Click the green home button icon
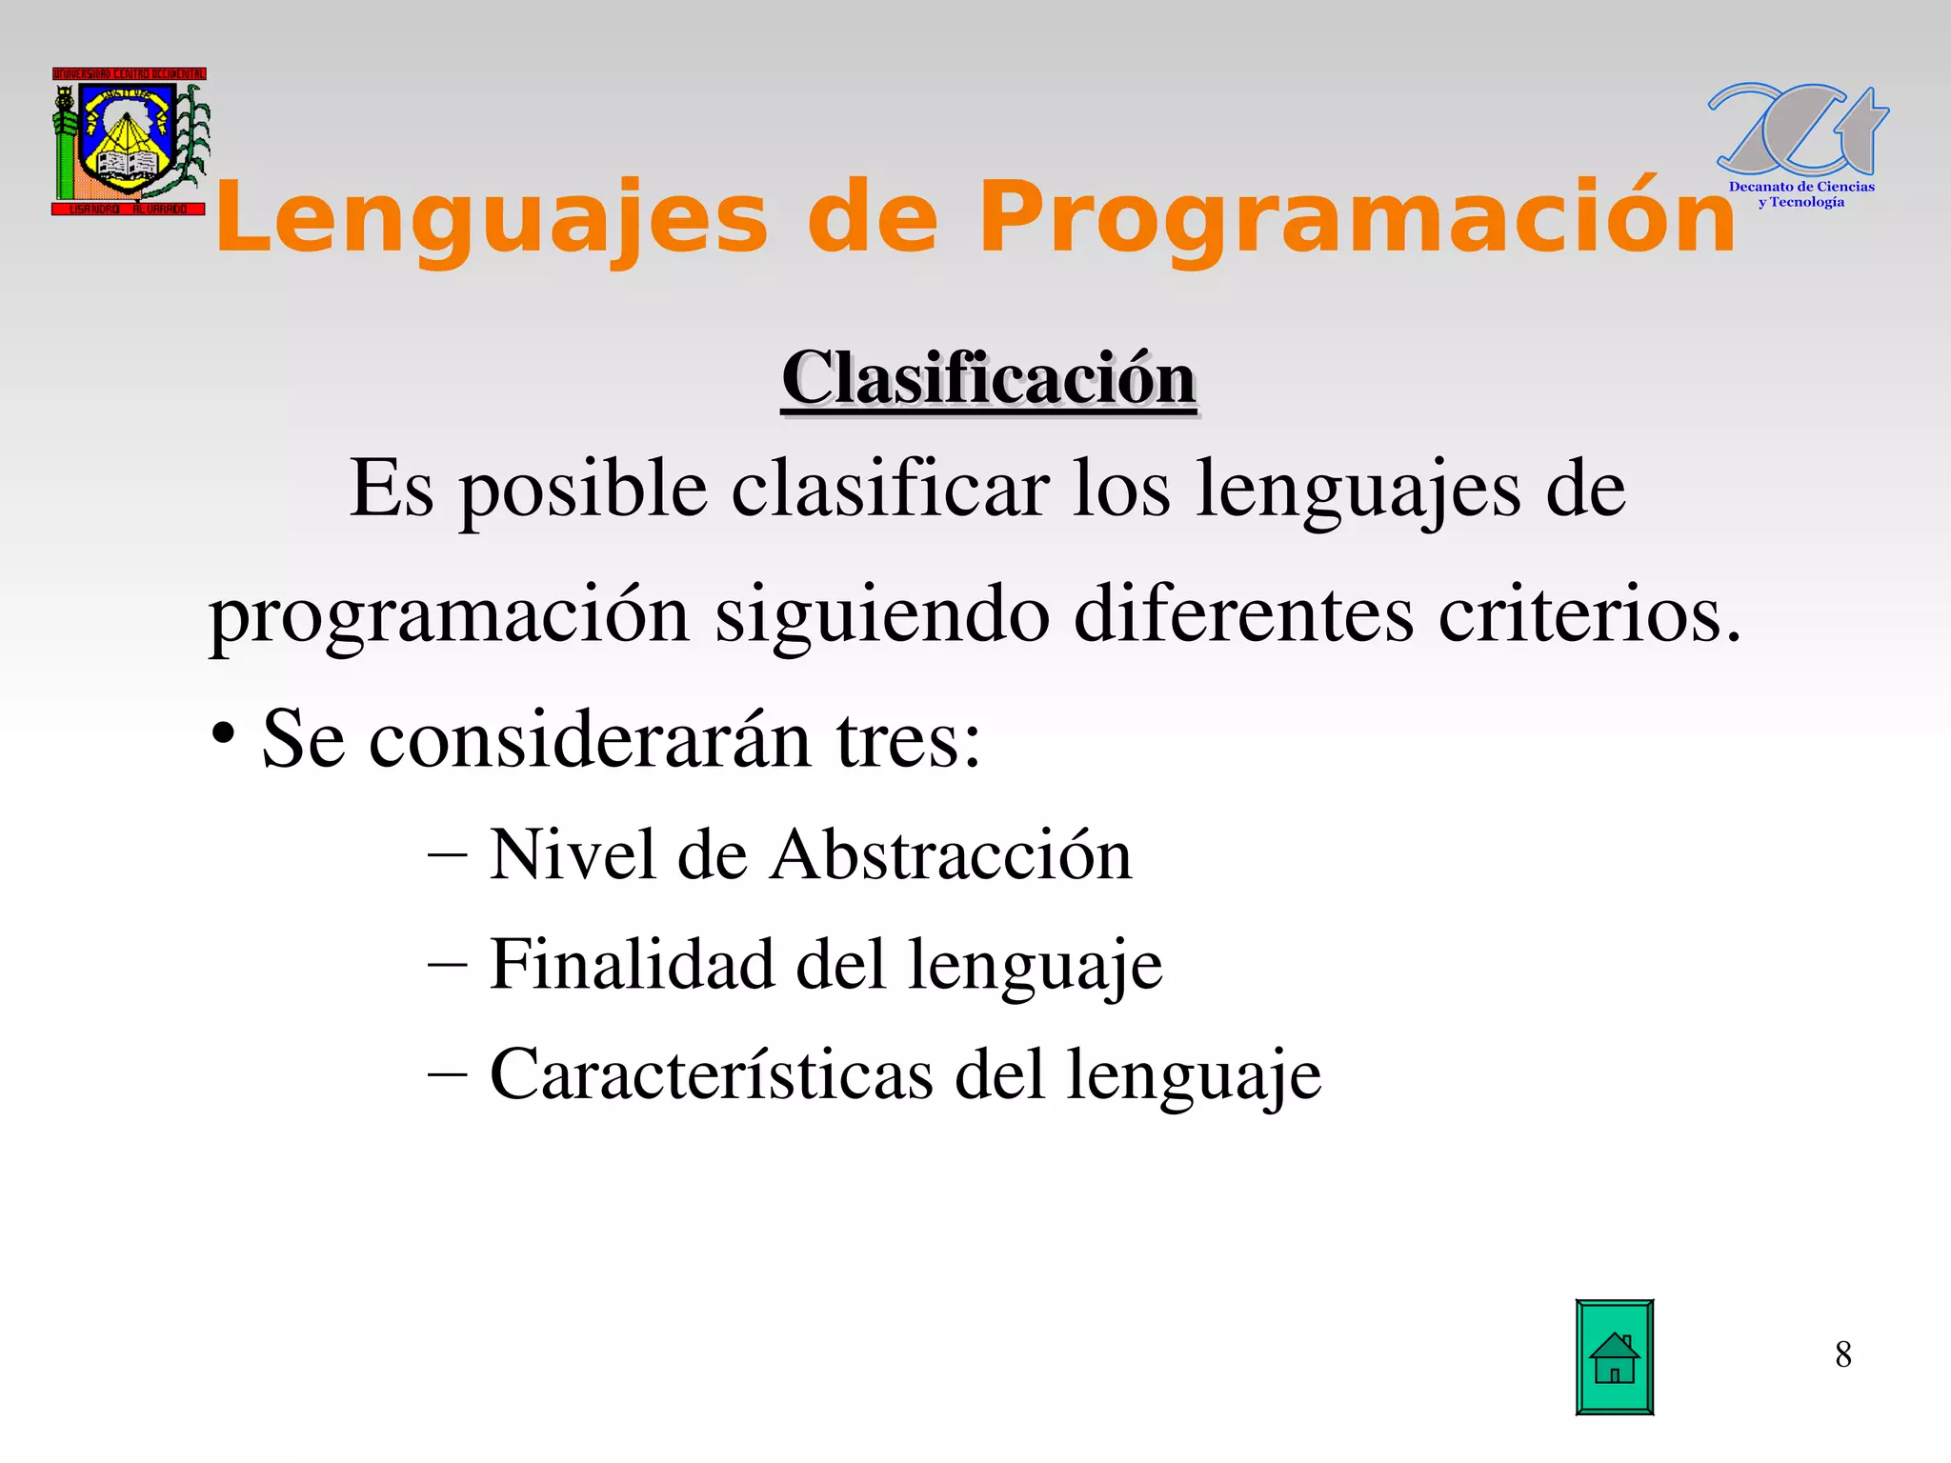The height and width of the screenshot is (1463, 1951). (1614, 1357)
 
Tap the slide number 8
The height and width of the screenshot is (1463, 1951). (1842, 1354)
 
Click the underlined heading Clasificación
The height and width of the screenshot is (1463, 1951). (988, 379)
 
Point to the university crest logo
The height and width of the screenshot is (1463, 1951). (130, 141)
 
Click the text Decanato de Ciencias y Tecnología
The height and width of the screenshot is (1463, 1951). (1800, 194)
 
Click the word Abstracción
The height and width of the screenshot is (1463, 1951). (951, 854)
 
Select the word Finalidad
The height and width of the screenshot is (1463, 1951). (632, 964)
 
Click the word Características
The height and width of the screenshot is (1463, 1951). (711, 1074)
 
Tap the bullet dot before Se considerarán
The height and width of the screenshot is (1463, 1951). (223, 734)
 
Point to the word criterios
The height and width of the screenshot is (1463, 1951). (1589, 614)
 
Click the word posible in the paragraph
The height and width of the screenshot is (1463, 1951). (583, 490)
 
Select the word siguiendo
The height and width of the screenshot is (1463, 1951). (882, 616)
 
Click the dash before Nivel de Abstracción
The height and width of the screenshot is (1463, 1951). (448, 855)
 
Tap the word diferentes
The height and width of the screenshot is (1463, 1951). (1243, 614)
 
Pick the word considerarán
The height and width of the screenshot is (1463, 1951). (589, 740)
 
